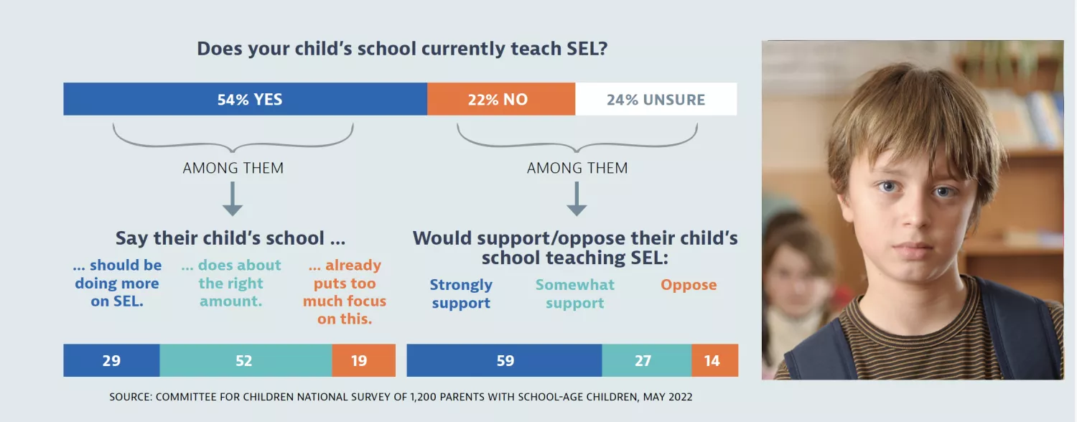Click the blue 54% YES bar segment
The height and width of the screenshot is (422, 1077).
(x=245, y=100)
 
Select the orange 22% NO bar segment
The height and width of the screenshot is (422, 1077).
(x=500, y=100)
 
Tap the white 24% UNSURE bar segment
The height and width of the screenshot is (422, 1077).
(x=656, y=100)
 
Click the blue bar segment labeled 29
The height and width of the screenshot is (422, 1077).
(x=111, y=360)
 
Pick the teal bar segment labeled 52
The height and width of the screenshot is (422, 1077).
(x=245, y=360)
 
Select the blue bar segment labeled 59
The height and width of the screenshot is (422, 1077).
(x=504, y=360)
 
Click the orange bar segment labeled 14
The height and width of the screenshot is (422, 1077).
(x=714, y=360)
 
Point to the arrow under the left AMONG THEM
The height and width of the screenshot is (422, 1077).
(x=233, y=199)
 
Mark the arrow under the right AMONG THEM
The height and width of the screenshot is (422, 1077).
(x=577, y=199)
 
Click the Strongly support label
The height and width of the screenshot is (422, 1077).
(x=461, y=294)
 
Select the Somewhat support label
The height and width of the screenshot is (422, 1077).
(x=575, y=294)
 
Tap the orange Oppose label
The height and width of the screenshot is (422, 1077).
(x=689, y=285)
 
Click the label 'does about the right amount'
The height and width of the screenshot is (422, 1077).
(x=231, y=283)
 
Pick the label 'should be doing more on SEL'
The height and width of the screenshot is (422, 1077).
(x=118, y=283)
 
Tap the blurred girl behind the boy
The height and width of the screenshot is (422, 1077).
(x=796, y=280)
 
